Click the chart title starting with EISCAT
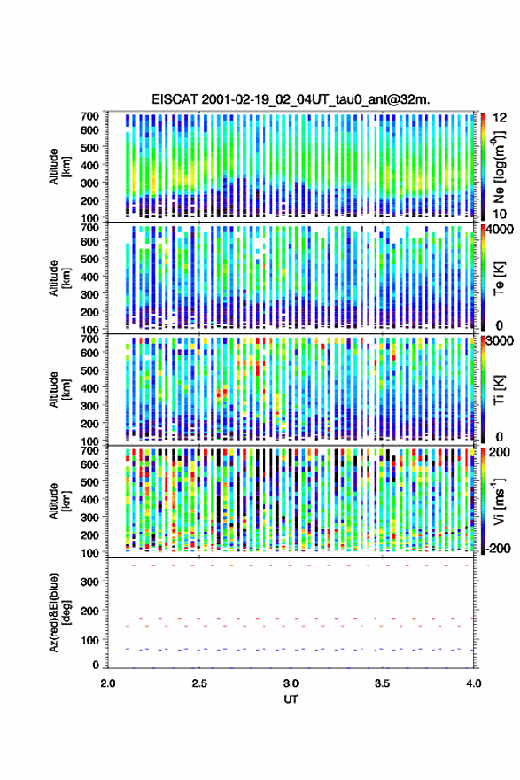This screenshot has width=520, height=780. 291,99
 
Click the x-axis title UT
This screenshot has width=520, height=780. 291,699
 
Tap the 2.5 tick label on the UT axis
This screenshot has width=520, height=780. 199,683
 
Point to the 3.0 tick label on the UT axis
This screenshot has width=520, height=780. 291,683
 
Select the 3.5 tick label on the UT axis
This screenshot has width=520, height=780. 383,683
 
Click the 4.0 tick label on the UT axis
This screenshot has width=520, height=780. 473,683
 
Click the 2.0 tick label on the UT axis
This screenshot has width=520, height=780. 108,683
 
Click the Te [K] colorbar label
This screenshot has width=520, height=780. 499,278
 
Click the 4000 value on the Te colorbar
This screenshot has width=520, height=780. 500,230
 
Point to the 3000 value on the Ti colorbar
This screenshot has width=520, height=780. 500,341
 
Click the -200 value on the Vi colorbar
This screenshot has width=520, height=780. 498,548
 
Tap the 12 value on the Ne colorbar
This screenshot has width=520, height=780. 500,118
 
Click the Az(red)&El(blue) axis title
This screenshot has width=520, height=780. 58,612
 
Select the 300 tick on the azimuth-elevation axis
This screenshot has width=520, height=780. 90,581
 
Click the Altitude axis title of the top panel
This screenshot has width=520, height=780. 58,167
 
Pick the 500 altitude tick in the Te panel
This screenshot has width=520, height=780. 90,259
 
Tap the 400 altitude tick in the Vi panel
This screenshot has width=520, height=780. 90,499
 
